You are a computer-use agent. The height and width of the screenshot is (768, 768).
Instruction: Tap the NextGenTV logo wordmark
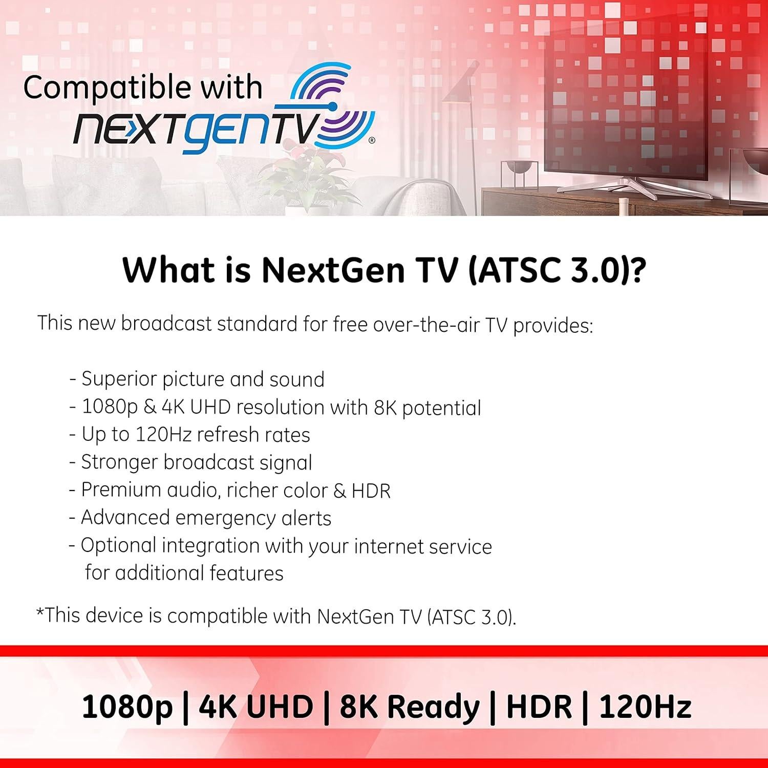click(x=200, y=127)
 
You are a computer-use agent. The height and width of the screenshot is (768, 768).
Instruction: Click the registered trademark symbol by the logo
click(x=372, y=139)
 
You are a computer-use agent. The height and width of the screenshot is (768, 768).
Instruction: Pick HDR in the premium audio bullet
click(x=371, y=491)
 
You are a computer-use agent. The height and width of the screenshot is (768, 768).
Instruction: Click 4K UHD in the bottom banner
click(x=255, y=707)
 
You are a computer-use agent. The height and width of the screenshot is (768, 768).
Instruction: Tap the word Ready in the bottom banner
click(x=433, y=708)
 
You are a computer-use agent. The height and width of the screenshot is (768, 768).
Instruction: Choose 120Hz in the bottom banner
click(x=645, y=707)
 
